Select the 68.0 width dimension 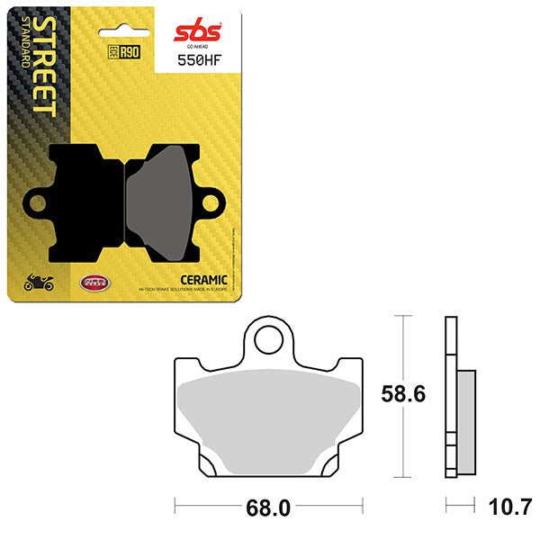(269, 508)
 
